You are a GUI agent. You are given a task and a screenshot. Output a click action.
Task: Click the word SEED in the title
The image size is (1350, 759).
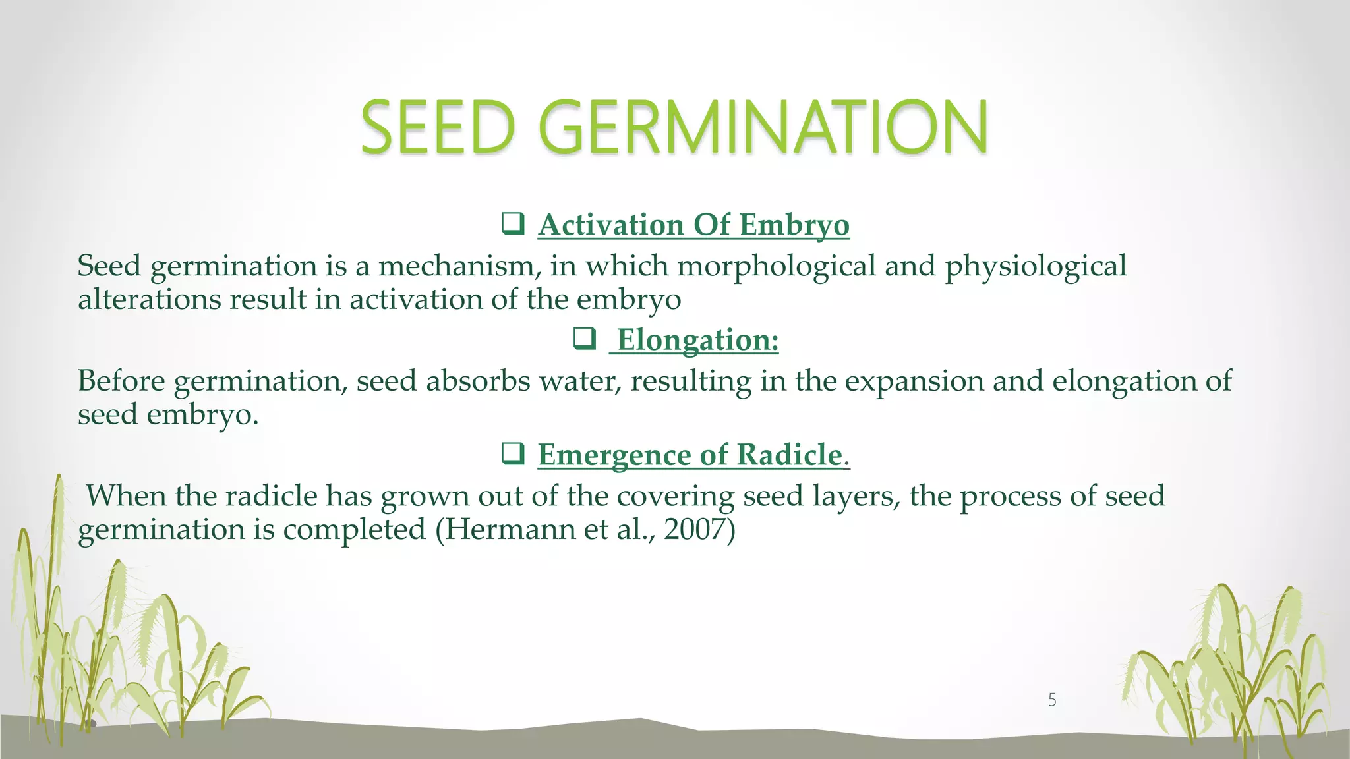pyautogui.click(x=438, y=126)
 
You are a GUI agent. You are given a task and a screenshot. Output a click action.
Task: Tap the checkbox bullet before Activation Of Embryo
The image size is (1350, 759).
pyautogui.click(x=513, y=224)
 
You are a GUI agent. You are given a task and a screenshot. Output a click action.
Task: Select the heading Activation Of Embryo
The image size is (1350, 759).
pyautogui.click(x=693, y=225)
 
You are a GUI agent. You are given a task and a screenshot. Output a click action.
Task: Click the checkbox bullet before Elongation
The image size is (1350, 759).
pyautogui.click(x=585, y=339)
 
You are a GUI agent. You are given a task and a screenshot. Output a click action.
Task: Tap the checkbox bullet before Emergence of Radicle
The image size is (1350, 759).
pyautogui.click(x=513, y=454)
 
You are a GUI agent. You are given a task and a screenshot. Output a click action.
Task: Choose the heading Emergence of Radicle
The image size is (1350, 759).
pyautogui.click(x=693, y=455)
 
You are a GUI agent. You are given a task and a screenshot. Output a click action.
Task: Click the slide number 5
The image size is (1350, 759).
pyautogui.click(x=1052, y=700)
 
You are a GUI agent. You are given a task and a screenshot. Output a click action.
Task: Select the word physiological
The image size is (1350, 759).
pyautogui.click(x=1036, y=267)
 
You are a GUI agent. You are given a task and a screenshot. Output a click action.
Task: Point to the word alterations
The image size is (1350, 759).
pyautogui.click(x=149, y=300)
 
